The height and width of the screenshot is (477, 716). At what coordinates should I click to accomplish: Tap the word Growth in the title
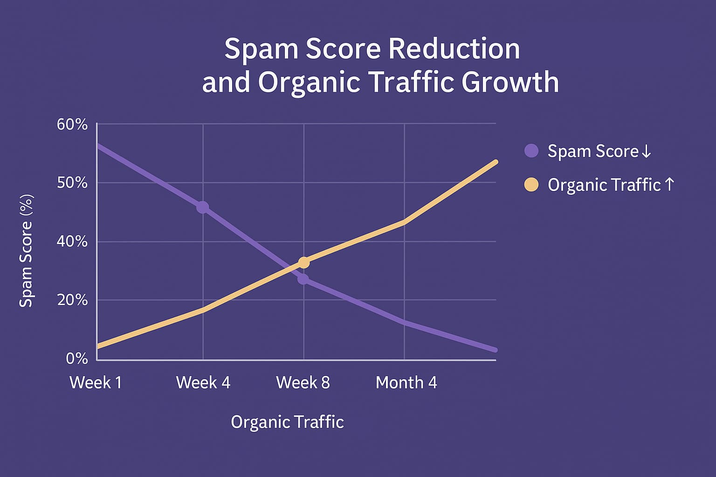(x=510, y=82)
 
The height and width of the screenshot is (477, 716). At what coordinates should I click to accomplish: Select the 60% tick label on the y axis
(x=72, y=124)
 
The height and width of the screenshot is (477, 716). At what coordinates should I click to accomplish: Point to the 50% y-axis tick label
(x=72, y=183)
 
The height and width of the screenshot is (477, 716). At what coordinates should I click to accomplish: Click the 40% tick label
(x=72, y=241)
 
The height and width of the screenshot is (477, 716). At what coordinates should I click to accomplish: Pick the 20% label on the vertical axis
(x=72, y=300)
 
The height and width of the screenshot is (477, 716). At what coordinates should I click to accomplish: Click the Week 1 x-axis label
(x=96, y=382)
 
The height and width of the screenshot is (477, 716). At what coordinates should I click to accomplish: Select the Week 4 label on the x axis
(x=203, y=382)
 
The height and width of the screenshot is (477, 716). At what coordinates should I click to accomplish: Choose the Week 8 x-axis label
(x=303, y=382)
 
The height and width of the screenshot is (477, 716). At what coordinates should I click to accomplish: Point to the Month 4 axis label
(x=406, y=382)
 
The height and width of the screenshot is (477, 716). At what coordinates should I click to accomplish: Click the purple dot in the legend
(x=531, y=150)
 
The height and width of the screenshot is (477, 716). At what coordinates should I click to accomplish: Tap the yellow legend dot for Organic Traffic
(x=531, y=185)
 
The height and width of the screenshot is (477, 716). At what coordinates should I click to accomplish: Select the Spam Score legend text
(x=592, y=151)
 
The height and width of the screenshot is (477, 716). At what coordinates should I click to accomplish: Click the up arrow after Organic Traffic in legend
(x=669, y=184)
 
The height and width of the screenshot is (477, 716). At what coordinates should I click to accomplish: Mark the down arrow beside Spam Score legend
(x=646, y=151)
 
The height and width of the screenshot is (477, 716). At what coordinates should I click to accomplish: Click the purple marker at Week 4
(x=202, y=207)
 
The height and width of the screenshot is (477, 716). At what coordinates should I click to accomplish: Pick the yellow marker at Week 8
(x=303, y=263)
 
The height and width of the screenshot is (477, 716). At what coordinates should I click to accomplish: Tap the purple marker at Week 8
(x=303, y=279)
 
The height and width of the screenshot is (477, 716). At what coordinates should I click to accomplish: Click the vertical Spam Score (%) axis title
(x=26, y=251)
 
